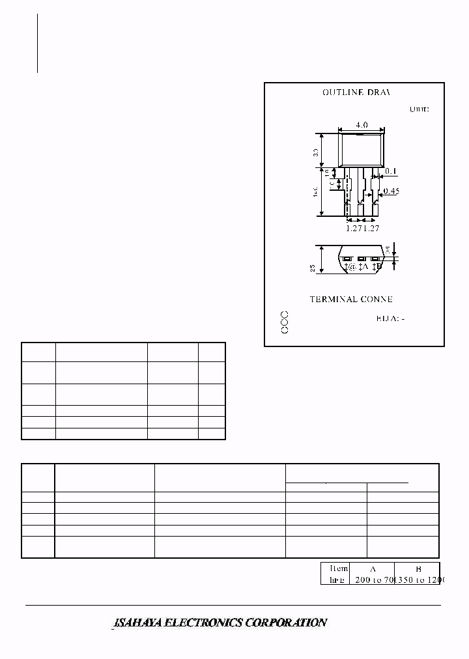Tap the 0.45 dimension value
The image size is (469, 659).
(x=391, y=191)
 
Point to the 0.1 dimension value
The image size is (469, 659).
(x=391, y=171)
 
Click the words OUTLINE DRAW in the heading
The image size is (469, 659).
(x=356, y=92)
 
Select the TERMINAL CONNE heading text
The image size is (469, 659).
(x=351, y=300)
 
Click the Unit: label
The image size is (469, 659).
(x=419, y=109)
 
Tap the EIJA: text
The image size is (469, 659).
(x=390, y=318)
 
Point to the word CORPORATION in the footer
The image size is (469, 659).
(x=284, y=623)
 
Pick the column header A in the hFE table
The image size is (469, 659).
(x=372, y=568)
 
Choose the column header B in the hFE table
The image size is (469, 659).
(x=417, y=568)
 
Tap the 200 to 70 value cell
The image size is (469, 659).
(x=372, y=579)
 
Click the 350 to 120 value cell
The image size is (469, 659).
(x=417, y=579)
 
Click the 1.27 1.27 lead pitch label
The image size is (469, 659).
(x=362, y=229)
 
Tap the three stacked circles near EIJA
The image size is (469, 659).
(x=285, y=323)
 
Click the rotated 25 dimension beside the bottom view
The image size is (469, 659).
(x=313, y=268)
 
